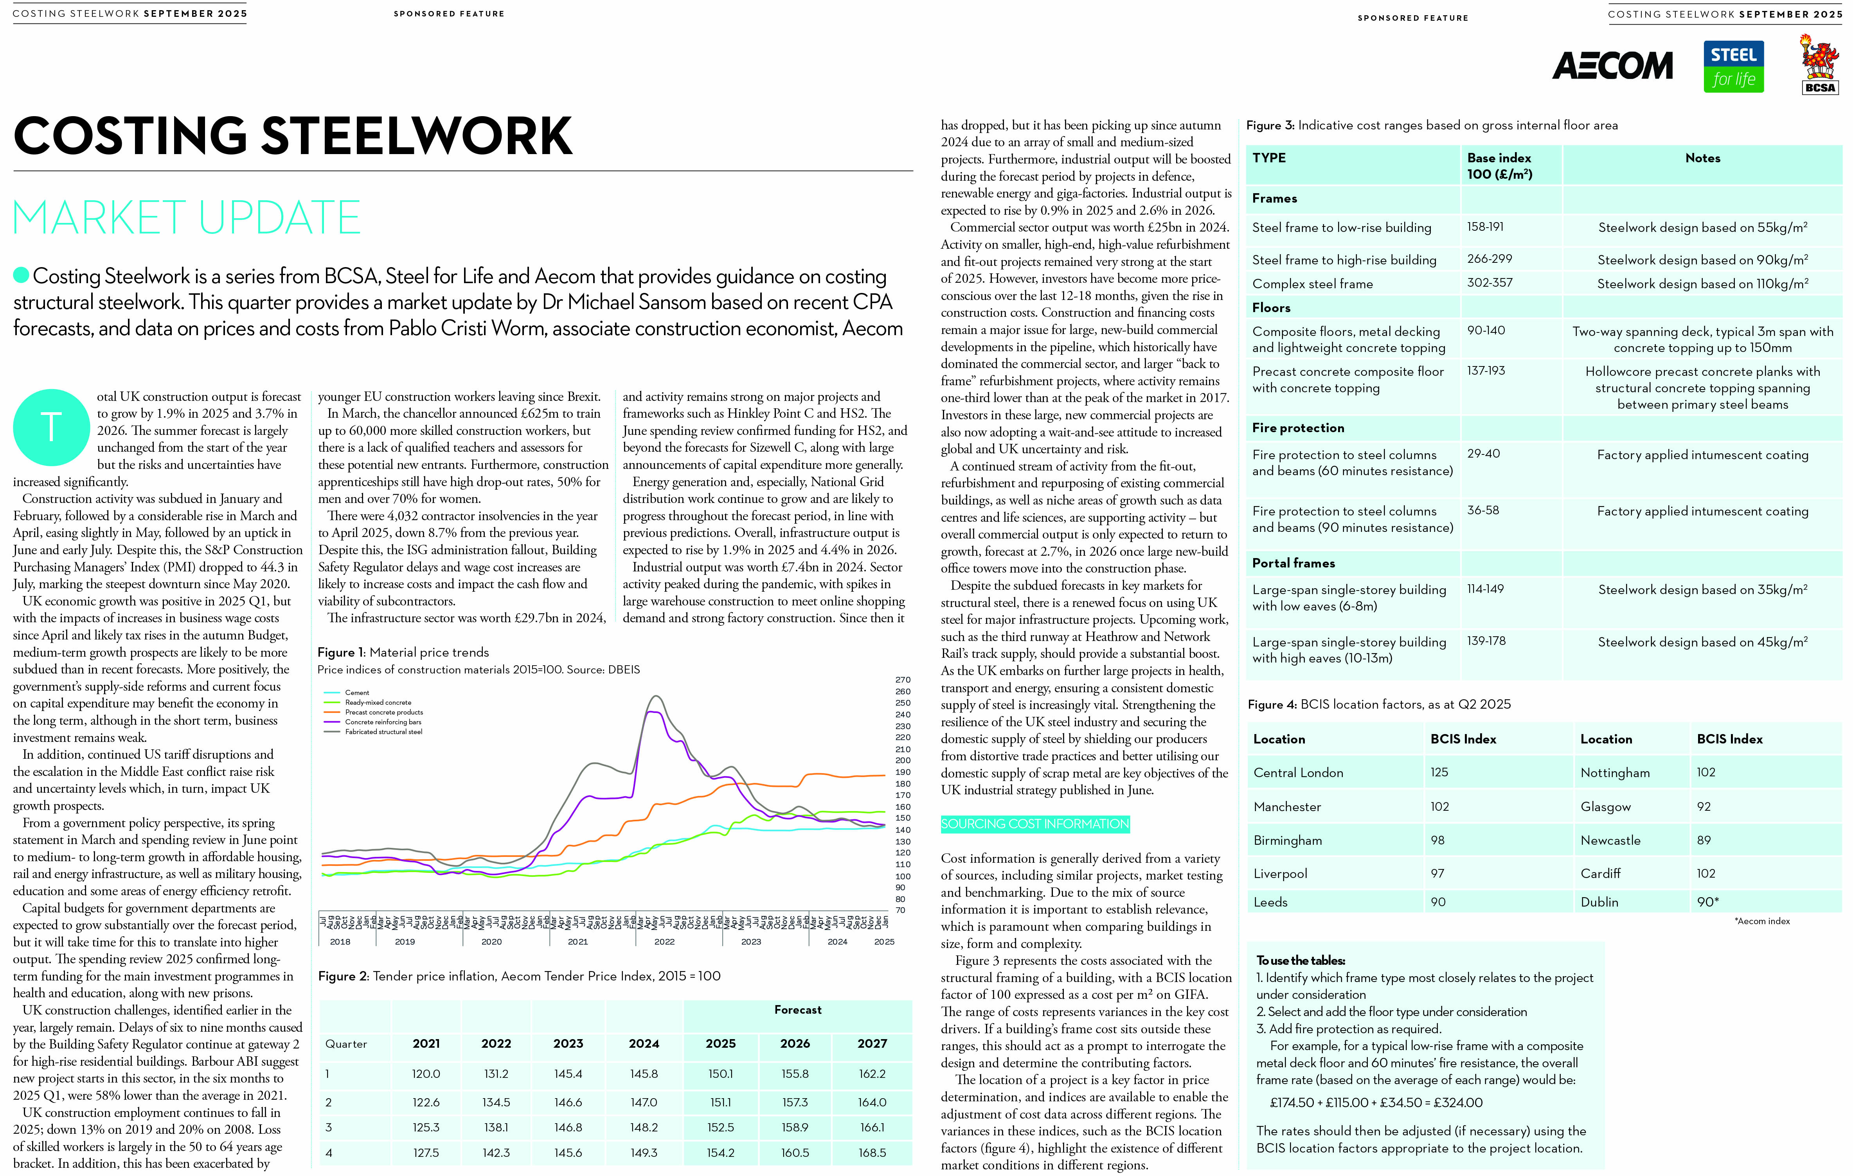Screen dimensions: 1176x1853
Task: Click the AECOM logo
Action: coord(1612,66)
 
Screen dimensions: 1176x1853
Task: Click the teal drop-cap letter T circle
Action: coord(51,427)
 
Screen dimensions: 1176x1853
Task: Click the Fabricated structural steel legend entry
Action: coord(383,732)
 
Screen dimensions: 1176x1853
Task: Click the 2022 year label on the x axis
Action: coord(664,941)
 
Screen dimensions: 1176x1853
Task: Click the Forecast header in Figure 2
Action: coord(797,1010)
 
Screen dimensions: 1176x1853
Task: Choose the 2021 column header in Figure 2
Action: coord(426,1044)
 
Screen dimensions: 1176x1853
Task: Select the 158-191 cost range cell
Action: coord(1485,227)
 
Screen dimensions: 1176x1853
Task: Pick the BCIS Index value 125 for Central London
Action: coord(1439,772)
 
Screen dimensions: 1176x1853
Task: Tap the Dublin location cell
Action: coord(1599,902)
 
